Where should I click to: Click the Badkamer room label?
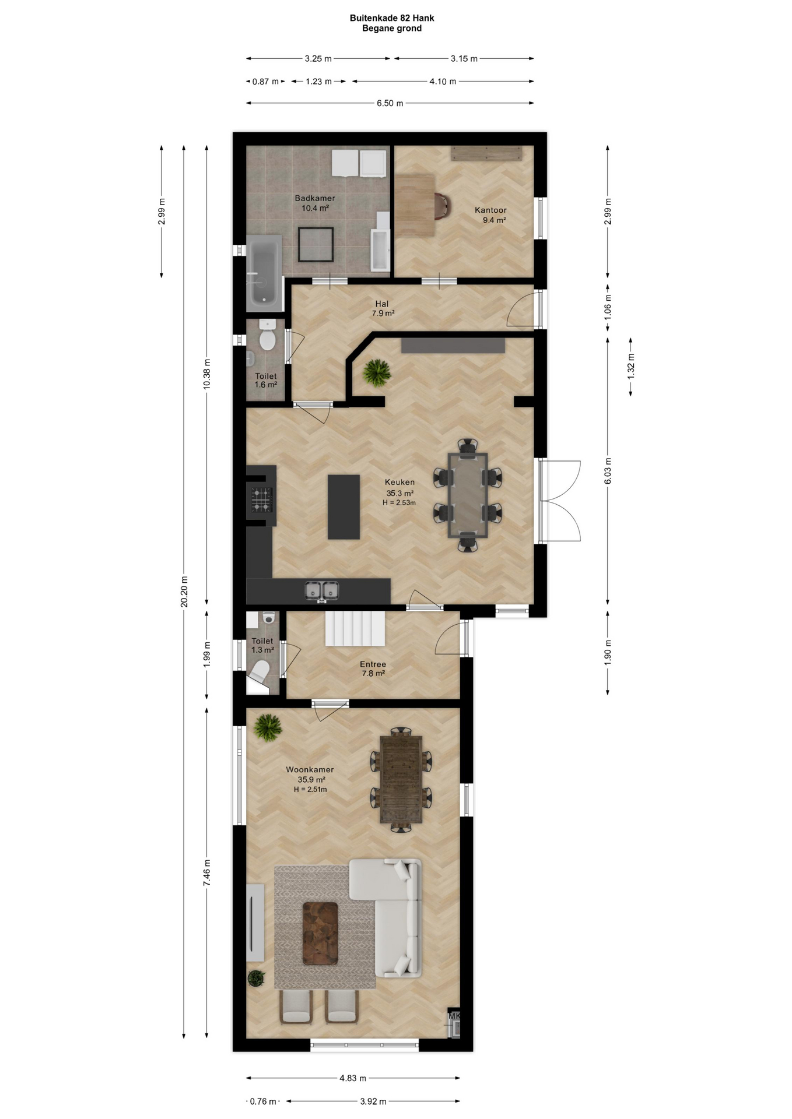tap(315, 198)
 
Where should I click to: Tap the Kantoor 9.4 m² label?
tap(491, 215)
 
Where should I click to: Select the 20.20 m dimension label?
tap(184, 592)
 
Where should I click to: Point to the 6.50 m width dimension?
tap(390, 103)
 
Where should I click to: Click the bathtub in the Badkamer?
tap(264, 273)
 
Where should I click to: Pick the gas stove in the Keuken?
tap(262, 500)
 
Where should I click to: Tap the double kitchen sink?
tap(322, 591)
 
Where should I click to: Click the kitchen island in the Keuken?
tap(344, 506)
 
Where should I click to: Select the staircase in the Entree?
tap(355, 628)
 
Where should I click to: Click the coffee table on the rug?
tap(320, 934)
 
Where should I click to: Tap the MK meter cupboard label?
tap(454, 1016)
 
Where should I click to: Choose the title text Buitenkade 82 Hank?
tap(392, 18)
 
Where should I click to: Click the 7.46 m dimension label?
tap(207, 873)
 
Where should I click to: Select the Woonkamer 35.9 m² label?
tap(310, 775)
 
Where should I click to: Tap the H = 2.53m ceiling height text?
tap(399, 502)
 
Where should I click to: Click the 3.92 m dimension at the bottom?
tap(373, 1102)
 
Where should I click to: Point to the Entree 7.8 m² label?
tap(373, 668)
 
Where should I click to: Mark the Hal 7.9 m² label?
tap(383, 308)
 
